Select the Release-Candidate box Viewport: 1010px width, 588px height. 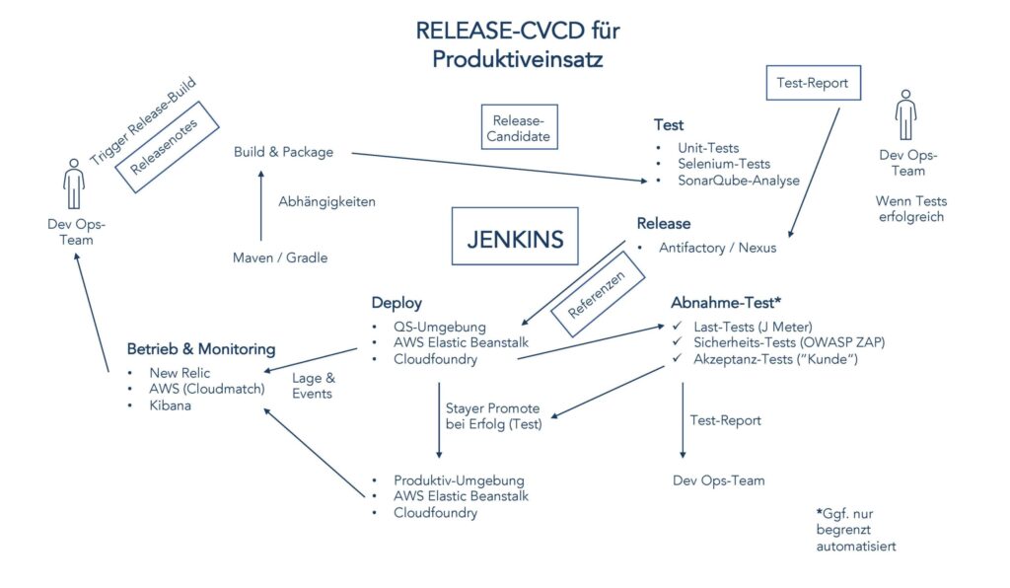pyautogui.click(x=519, y=126)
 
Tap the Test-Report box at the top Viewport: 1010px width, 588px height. pyautogui.click(x=813, y=83)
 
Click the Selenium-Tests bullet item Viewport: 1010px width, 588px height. pyautogui.click(x=723, y=164)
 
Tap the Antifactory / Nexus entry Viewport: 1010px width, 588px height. pyautogui.click(x=717, y=248)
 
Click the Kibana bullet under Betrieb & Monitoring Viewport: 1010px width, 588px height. pyautogui.click(x=170, y=404)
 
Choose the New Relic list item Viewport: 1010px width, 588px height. pyautogui.click(x=180, y=373)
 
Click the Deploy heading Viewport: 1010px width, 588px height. pyautogui.click(x=397, y=303)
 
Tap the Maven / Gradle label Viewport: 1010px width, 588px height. pyautogui.click(x=280, y=257)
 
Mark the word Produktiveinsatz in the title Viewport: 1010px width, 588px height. pyautogui.click(x=517, y=59)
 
